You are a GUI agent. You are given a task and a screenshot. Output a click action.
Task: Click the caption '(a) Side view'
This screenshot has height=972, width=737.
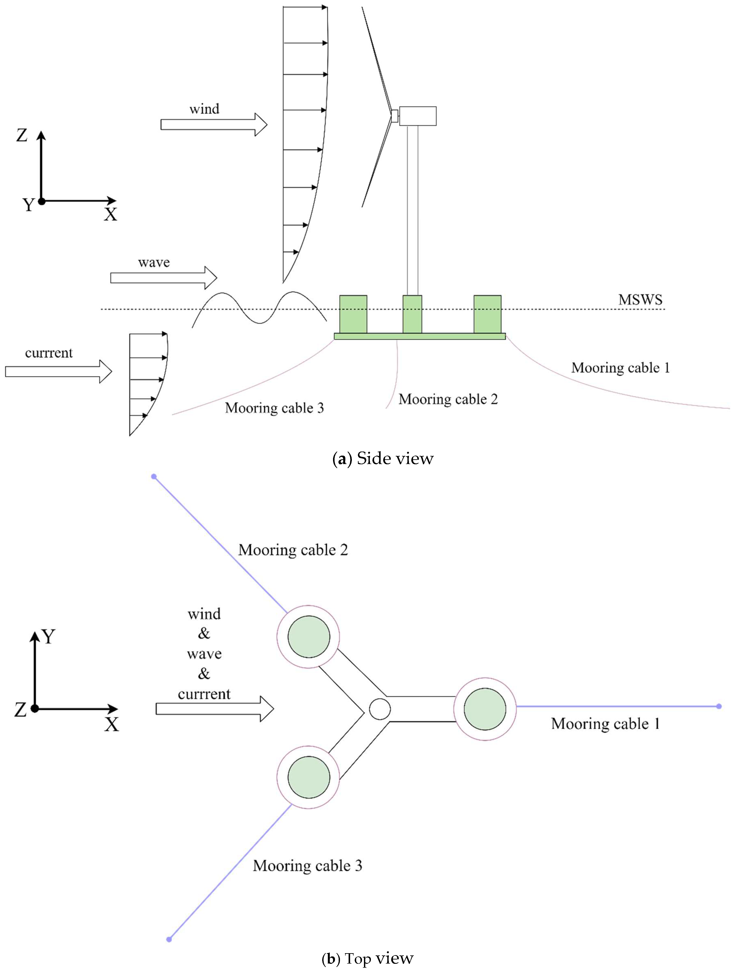pos(383,459)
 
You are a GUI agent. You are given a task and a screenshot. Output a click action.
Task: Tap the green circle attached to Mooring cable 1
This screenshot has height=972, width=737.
pos(485,709)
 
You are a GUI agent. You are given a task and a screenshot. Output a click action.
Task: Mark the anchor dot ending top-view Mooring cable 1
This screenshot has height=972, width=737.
pos(719,706)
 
